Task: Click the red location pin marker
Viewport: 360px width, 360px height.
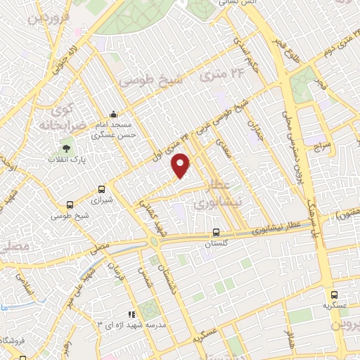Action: click(x=181, y=165)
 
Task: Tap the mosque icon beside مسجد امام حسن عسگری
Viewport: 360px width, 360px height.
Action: click(x=114, y=115)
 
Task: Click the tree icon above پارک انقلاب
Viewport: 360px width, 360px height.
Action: click(x=66, y=148)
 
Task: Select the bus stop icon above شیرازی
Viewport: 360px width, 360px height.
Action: click(x=102, y=189)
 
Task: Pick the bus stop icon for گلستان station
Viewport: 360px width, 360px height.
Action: click(x=217, y=232)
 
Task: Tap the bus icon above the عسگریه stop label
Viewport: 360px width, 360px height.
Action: click(x=334, y=296)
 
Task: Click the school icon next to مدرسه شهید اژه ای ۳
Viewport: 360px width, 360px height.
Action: click(x=130, y=315)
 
